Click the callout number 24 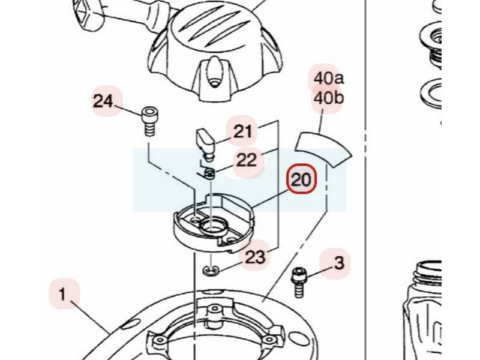point(103,101)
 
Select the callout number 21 point(243,131)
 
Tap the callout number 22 point(247,160)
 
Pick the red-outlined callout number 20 point(301,179)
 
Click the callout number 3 point(339,263)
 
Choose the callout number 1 point(62,295)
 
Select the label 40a point(328,79)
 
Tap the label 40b point(328,98)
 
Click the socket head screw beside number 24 point(150,121)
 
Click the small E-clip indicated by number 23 point(209,270)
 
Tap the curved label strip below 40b point(323,148)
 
